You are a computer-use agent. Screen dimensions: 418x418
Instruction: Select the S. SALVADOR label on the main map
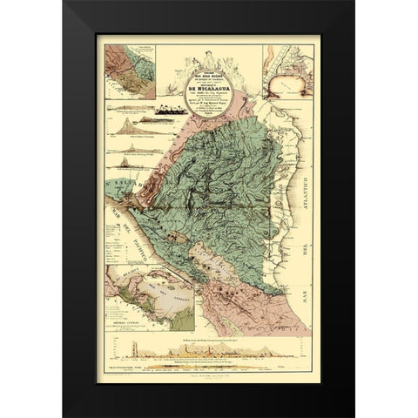(x=115, y=185)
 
